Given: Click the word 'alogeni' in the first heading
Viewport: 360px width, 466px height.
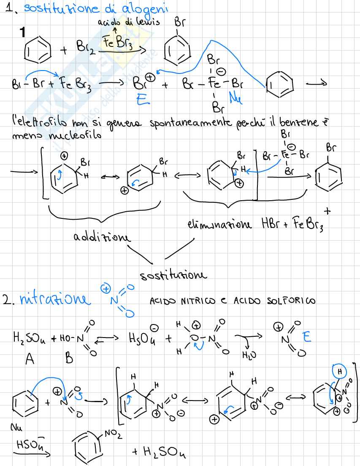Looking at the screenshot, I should pyautogui.click(x=135, y=9).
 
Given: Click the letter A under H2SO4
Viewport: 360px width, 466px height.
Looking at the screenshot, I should pyautogui.click(x=30, y=359).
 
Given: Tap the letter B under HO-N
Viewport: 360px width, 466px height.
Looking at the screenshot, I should pyautogui.click(x=69, y=359).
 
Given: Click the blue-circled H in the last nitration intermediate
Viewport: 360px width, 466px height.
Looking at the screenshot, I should pyautogui.click(x=339, y=372).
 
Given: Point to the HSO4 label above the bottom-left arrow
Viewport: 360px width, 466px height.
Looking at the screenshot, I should pyautogui.click(x=28, y=444).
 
